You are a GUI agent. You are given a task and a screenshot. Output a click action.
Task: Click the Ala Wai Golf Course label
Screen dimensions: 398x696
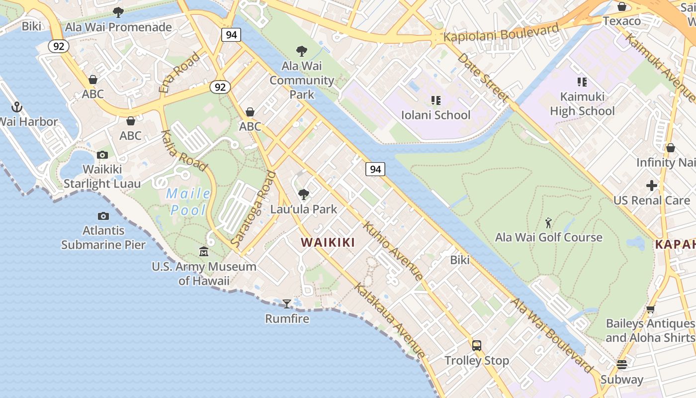548,237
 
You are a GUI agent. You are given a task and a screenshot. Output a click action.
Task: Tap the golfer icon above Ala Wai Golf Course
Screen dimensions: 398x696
548,222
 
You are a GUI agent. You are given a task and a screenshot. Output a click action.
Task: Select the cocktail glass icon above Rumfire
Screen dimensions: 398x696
287,303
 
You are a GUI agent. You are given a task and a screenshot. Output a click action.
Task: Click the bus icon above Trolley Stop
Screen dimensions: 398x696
476,345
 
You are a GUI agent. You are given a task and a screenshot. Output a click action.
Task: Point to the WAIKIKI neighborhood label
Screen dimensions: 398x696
328,243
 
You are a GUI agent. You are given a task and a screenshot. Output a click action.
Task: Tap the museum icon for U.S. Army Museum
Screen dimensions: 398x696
204,252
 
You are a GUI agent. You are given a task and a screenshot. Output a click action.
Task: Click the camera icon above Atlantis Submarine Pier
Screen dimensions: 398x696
103,216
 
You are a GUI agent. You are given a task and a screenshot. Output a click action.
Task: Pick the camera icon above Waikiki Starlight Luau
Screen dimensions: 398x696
102,155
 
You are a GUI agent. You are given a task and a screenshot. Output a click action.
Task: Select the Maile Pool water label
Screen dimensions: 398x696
188,202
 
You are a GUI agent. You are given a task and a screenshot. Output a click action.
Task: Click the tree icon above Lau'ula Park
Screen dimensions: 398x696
303,194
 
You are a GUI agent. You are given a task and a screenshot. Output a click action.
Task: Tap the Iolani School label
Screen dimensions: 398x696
435,115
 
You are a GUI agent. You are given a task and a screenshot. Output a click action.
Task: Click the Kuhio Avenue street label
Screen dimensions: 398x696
393,251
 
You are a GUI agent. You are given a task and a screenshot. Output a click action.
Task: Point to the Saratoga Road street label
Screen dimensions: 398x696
254,209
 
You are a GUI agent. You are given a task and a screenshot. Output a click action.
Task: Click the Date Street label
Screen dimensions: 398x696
482,77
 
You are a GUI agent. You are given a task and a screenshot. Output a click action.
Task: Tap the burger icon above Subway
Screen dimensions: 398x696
621,365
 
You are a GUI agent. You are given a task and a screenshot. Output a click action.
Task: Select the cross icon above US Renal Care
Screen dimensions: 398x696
651,186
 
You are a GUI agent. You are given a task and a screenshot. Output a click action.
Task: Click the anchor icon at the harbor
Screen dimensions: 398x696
17,107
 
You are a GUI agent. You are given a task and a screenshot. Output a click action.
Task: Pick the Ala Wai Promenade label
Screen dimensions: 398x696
118,27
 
